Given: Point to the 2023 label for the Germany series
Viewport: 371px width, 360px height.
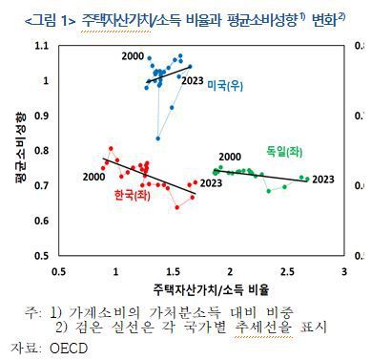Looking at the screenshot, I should click(x=324, y=179).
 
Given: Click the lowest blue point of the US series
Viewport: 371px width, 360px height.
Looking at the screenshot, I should click(x=158, y=138).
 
